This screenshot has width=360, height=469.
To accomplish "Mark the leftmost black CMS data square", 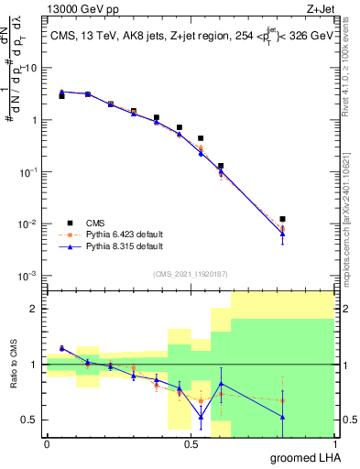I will (61, 95).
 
